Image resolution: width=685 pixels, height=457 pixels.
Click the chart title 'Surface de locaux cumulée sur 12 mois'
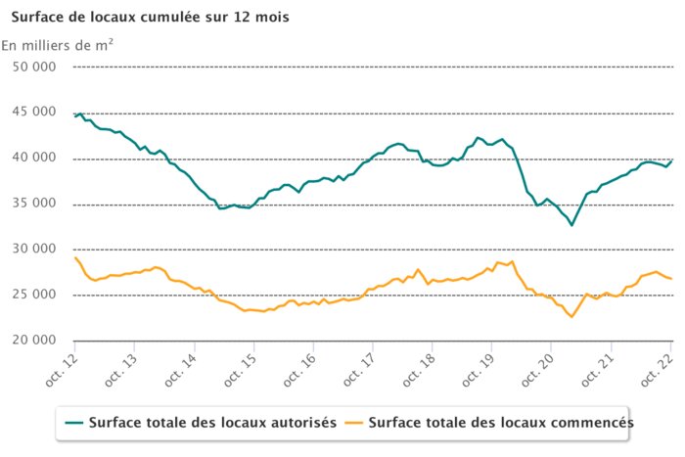[150, 18]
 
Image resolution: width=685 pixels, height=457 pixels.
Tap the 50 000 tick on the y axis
[33, 68]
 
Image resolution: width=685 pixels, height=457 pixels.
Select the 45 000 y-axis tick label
[33, 113]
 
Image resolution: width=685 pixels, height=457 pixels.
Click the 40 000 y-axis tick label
[33, 159]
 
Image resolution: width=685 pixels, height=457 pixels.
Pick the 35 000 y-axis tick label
[33, 204]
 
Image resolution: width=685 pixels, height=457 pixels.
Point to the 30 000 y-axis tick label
[33, 250]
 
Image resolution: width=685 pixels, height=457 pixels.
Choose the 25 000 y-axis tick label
[33, 295]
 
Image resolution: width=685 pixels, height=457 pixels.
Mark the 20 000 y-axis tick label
[33, 341]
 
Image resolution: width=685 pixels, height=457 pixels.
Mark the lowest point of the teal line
[572, 225]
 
